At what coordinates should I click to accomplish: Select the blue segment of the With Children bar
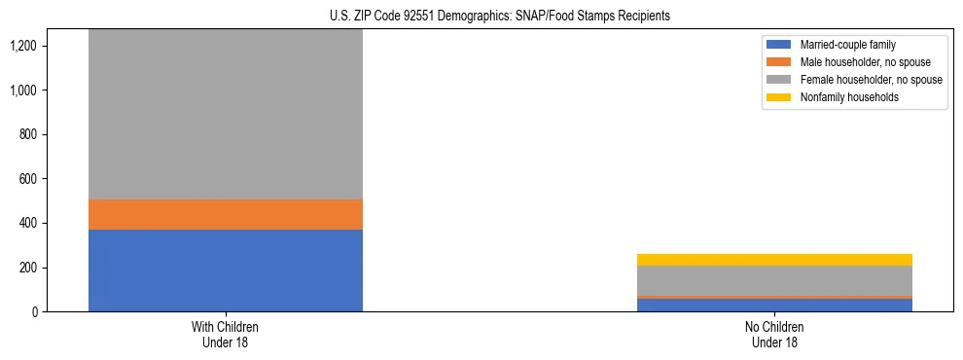click(226, 270)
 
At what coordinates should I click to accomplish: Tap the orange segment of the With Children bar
click(226, 214)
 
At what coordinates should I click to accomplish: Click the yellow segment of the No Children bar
click(774, 260)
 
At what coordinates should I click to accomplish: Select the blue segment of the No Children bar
click(774, 305)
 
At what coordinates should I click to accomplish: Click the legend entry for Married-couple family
click(847, 45)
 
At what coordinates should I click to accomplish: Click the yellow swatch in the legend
click(780, 97)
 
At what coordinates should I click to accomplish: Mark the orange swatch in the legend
click(780, 62)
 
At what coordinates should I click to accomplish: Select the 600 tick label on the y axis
click(28, 179)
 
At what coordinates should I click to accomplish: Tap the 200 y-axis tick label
click(28, 268)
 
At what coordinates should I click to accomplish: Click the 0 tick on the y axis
click(35, 311)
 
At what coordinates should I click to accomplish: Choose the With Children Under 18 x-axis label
click(226, 335)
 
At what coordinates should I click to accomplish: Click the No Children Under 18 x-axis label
click(774, 335)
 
